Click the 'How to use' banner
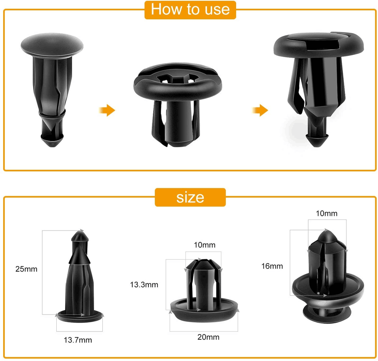pyautogui.click(x=190, y=9)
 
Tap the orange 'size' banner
pyautogui.click(x=190, y=197)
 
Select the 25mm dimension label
pyautogui.click(x=26, y=269)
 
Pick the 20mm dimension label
pyautogui.click(x=208, y=337)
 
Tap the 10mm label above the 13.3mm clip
pyautogui.click(x=204, y=245)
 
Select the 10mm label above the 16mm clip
pyautogui.click(x=326, y=213)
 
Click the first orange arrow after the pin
pyautogui.click(x=107, y=110)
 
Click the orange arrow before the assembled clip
pyautogui.click(x=260, y=110)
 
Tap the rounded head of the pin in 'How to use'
pyautogui.click(x=52, y=44)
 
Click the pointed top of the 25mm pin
pyautogui.click(x=79, y=237)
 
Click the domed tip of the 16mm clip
pyautogui.click(x=327, y=236)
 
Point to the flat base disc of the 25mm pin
pyautogui.click(x=80, y=315)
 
